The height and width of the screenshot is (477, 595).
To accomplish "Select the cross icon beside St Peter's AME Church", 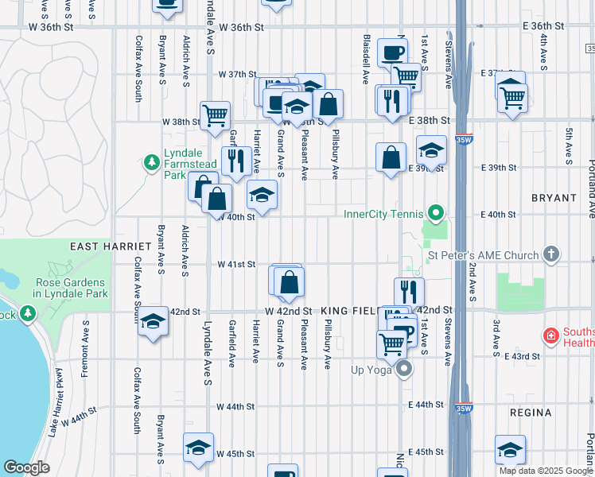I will [550, 255].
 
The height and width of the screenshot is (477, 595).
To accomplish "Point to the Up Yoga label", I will [373, 370].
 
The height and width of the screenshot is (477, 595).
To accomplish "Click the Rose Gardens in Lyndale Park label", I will [70, 289].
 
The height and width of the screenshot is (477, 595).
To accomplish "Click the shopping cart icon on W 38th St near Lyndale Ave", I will [215, 115].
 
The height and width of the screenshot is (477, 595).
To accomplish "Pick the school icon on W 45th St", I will [198, 448].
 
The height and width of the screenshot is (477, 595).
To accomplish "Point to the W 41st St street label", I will [236, 264].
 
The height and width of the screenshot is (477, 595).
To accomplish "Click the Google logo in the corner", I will [26, 467].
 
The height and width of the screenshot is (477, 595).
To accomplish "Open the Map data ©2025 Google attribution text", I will [545, 471].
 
